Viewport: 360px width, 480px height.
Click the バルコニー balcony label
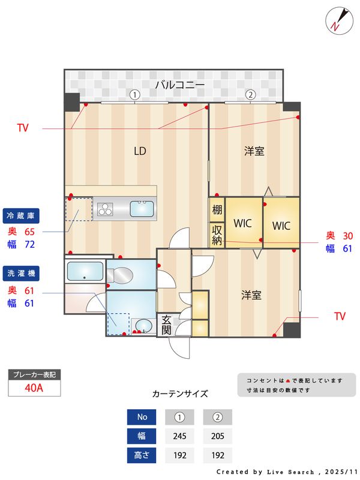click(180, 85)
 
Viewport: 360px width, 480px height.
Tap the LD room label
click(140, 151)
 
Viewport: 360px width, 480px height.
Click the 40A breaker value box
click(34, 388)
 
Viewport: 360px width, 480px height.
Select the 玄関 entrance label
click(166, 325)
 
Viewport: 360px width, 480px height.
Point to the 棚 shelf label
click(217, 210)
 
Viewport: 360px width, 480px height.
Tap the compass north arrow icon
click(337, 20)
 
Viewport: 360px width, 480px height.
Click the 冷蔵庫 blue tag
click(20, 215)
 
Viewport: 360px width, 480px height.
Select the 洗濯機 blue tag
click(20, 272)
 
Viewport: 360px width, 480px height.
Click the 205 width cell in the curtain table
click(217, 436)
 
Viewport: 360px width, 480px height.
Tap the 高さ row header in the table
click(142, 455)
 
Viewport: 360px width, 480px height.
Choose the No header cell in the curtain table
click(142, 417)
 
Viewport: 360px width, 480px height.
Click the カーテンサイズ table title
click(180, 394)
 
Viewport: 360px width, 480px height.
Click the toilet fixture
click(121, 274)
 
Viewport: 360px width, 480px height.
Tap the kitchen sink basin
click(142, 209)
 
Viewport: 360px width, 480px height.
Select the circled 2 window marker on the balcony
click(250, 94)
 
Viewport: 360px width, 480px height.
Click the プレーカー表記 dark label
click(34, 374)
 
